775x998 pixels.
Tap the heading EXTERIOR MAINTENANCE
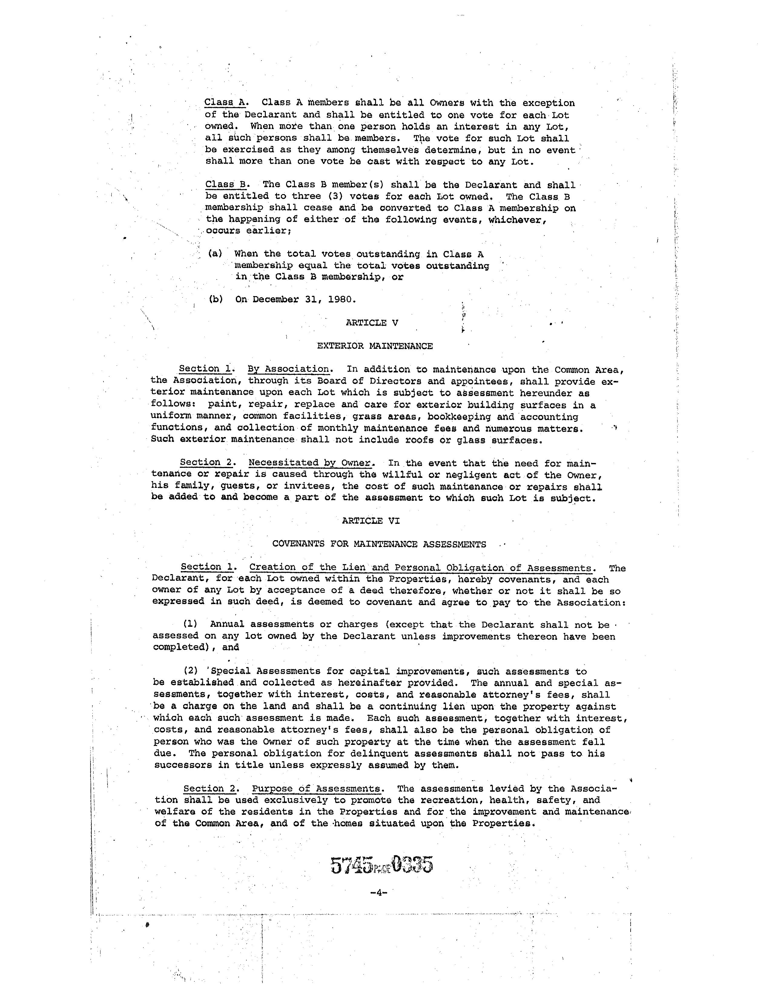tap(375, 346)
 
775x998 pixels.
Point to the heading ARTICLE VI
tap(371, 520)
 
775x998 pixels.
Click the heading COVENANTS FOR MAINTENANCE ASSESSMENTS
tap(379, 544)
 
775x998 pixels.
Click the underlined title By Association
tap(288, 369)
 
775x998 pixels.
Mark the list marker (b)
tap(216, 299)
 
